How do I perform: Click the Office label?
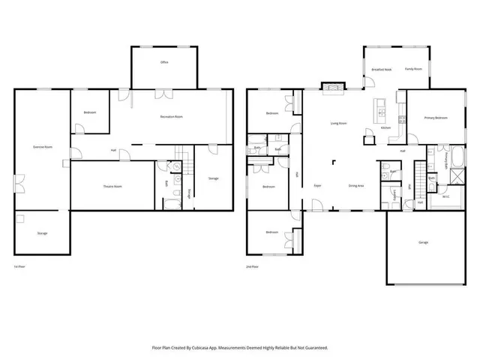[164, 62]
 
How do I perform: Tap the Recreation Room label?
[172, 117]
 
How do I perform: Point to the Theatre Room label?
[112, 186]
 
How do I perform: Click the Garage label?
[423, 242]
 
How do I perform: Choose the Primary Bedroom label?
[436, 118]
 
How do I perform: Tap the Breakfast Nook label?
[381, 69]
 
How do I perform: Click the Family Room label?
[414, 69]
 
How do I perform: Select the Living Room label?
[338, 123]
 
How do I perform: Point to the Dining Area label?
[356, 185]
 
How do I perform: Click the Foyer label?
[318, 185]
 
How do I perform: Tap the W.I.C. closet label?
[445, 197]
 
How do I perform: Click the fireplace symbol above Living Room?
[330, 87]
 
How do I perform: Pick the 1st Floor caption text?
[20, 267]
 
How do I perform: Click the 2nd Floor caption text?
[253, 267]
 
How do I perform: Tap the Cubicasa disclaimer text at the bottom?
[240, 348]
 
